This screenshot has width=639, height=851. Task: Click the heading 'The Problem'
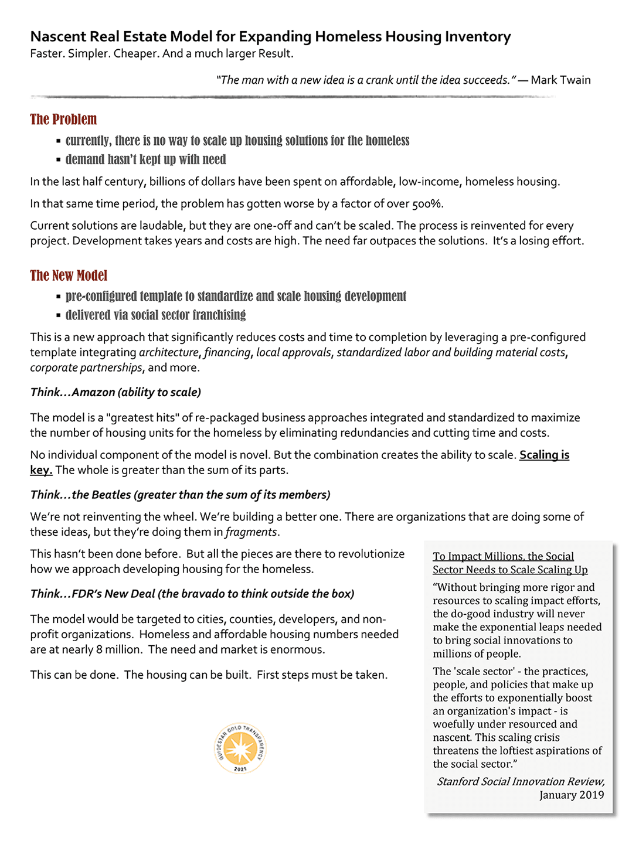tap(63, 120)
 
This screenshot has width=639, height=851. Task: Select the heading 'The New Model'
tap(69, 275)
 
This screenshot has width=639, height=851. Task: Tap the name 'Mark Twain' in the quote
tap(560, 80)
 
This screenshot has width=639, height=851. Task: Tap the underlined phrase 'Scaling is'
tap(544, 455)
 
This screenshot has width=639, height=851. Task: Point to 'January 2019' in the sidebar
tap(572, 795)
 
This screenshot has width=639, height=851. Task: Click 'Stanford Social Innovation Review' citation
tap(521, 782)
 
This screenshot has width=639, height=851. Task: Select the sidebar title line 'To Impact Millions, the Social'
tap(503, 557)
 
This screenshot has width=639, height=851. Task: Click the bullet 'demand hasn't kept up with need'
tap(145, 159)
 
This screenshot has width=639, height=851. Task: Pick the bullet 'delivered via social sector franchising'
tap(155, 315)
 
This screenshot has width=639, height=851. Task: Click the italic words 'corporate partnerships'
tap(86, 368)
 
